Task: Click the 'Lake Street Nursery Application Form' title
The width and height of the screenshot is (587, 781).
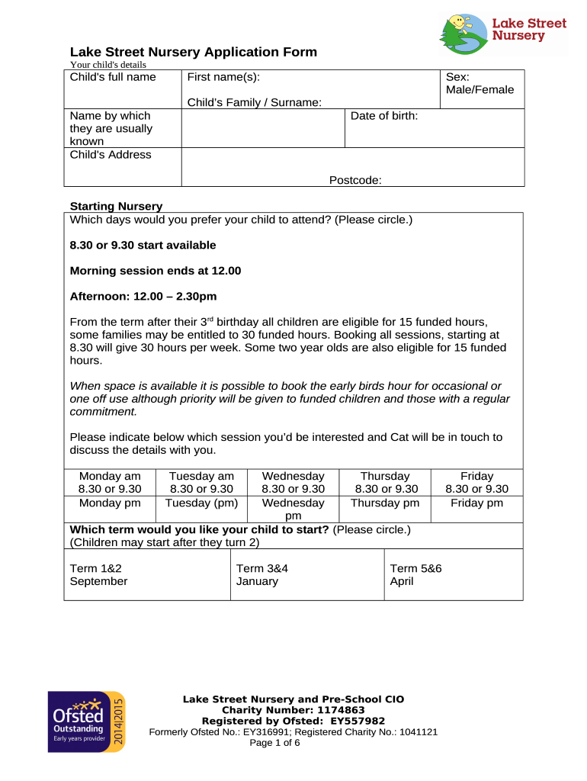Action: coord(193,52)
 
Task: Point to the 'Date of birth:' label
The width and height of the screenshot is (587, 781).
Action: coord(384,116)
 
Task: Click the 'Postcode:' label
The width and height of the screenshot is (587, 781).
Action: coord(355,180)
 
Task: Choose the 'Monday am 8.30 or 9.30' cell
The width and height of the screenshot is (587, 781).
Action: coord(110,482)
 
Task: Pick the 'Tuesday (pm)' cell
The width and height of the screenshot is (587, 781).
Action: coord(201,503)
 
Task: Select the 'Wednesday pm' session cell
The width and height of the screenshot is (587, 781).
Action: coord(293,509)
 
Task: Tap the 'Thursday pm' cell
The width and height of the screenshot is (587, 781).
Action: coord(385,503)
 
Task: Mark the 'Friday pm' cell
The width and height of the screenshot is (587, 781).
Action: coord(476,503)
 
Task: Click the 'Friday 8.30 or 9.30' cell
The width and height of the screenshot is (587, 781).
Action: coord(476,482)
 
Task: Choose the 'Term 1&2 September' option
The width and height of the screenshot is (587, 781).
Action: coord(98,574)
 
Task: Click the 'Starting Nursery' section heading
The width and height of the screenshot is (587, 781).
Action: coord(116,206)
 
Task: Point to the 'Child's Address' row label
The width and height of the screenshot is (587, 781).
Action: coord(111,155)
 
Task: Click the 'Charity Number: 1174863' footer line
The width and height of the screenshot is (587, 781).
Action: coord(293,710)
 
